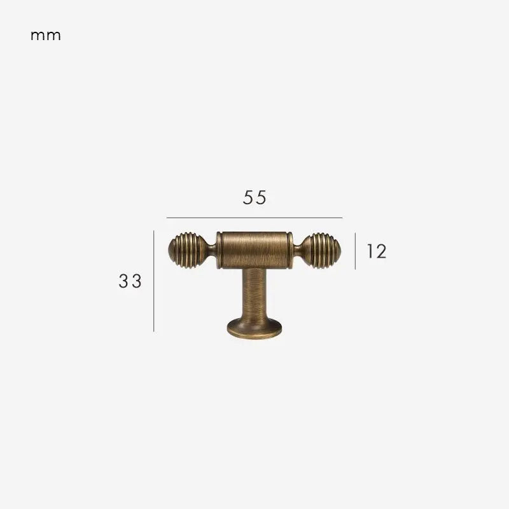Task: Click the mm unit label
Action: coord(45,36)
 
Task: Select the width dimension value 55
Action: coord(254,197)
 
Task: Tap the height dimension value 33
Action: coord(130,281)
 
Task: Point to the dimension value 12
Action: coord(377,251)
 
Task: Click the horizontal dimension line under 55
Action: coord(254,218)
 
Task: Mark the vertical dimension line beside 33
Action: coord(153,281)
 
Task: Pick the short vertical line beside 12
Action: coord(355,251)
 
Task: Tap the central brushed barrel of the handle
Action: coord(254,250)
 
